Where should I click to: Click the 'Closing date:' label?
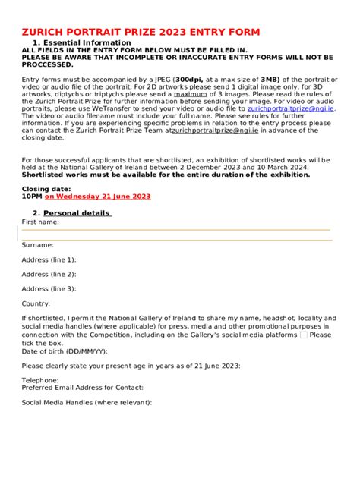pyautogui.click(x=46, y=187)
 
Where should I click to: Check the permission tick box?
pyautogui.click(x=304, y=335)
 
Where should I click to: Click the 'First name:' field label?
pyautogui.click(x=40, y=222)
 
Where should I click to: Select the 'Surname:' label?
pyautogui.click(x=37, y=245)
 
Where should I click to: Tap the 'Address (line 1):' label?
pyautogui.click(x=49, y=259)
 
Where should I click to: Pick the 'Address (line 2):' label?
pyautogui.click(x=49, y=274)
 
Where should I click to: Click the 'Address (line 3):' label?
pyautogui.click(x=49, y=288)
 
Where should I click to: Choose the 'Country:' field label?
pyautogui.click(x=36, y=303)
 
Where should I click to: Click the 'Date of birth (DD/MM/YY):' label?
pyautogui.click(x=65, y=351)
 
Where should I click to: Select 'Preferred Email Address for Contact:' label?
pyautogui.click(x=82, y=388)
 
